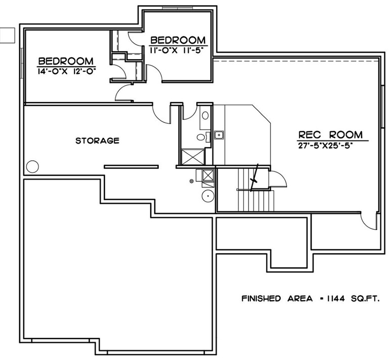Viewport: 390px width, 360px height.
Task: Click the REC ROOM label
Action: pos(330,134)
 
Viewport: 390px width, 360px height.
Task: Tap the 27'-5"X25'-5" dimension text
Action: pos(326,146)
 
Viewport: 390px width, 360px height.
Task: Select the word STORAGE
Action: pos(97,141)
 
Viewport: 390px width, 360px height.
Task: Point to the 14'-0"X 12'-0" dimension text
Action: pos(67,71)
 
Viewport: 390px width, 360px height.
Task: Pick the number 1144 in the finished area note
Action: pos(336,298)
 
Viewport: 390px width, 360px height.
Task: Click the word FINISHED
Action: pos(261,298)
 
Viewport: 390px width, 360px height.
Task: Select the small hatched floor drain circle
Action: pos(192,181)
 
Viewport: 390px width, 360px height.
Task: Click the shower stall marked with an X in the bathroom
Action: pos(193,157)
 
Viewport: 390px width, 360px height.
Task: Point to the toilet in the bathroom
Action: pos(202,137)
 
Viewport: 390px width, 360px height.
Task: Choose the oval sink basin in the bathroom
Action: pos(205,115)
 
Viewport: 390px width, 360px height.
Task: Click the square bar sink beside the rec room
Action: pos(219,135)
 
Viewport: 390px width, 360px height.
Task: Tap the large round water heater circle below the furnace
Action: pos(208,196)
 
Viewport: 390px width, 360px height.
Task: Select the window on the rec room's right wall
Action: pos(383,107)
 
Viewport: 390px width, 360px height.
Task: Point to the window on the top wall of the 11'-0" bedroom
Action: pos(178,8)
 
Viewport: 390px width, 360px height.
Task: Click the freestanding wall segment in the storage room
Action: pos(132,167)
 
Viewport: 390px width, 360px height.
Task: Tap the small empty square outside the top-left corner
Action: pos(8,35)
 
